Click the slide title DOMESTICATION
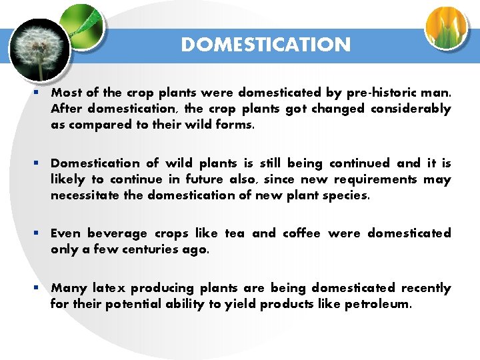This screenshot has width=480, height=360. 265,45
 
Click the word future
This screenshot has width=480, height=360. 195,179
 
